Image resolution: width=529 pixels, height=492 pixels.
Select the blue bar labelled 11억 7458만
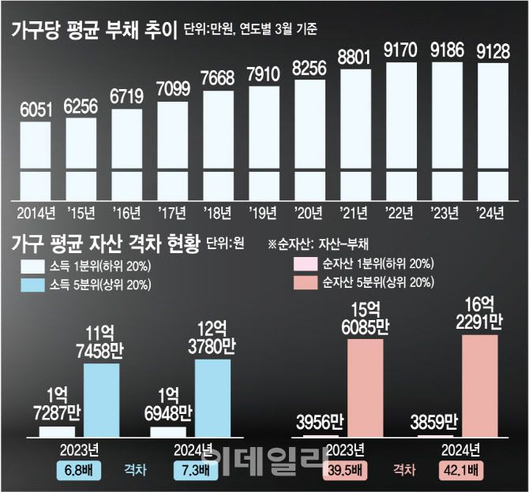point(101,400)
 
